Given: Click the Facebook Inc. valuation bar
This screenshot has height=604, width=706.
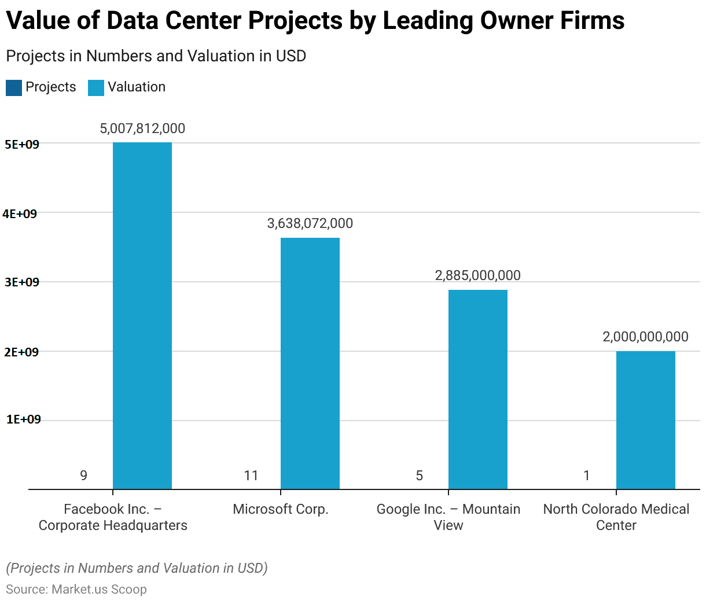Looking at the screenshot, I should coord(142,315).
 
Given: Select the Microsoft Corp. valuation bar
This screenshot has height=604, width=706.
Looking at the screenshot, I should coord(310,363).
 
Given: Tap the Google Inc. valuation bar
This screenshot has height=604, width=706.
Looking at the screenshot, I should coord(478,389).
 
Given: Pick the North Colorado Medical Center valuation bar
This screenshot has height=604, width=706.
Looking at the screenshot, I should coord(645,420).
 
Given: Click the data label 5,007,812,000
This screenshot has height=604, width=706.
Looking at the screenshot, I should coord(142,128).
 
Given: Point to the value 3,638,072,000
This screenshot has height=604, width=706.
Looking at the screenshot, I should coord(310,223).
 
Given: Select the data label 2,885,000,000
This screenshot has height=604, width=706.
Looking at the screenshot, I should coord(478,275).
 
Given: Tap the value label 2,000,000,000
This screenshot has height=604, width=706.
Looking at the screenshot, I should coord(645,337).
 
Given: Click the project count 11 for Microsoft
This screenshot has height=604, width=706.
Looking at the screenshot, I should coord(251,476).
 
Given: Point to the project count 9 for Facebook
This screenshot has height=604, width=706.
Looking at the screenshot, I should coord(84,476).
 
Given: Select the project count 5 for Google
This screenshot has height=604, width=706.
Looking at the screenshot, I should coord(420,476).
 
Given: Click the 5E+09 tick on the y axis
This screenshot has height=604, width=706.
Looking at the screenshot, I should coord(22,145).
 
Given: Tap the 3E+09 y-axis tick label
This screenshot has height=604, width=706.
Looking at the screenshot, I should coord(21,282).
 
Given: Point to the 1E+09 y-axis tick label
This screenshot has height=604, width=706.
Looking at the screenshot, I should coord(24,419).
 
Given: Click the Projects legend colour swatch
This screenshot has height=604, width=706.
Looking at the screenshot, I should coord(14,88).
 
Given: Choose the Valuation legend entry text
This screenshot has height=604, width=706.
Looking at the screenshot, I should coord(137,87).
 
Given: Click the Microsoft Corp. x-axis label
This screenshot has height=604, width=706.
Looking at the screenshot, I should coord(281,509).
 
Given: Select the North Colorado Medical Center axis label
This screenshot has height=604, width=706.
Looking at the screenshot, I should coord(616,517).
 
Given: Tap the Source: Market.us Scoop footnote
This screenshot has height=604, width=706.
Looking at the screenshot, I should coord(76,590).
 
